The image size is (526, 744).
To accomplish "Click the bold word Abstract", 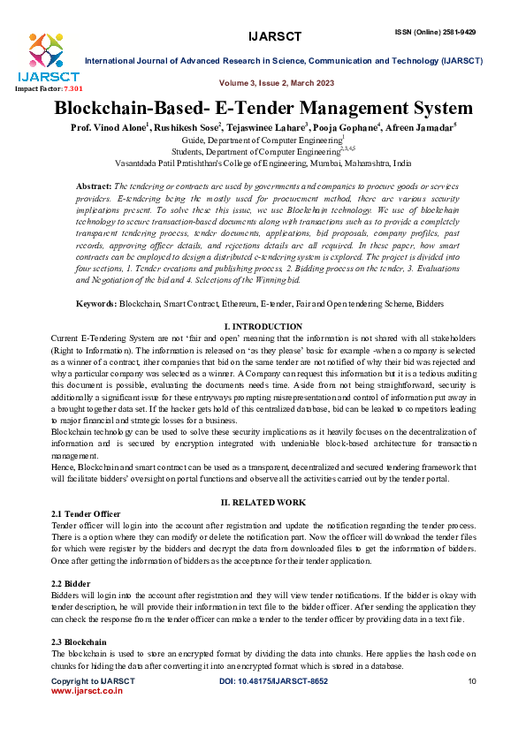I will [x=94, y=187].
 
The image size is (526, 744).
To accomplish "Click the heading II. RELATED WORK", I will [x=263, y=502].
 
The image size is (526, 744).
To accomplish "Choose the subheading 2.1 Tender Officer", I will [x=86, y=513].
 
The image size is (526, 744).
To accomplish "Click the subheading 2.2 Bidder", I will [x=71, y=583].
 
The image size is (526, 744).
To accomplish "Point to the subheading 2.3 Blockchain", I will [x=79, y=642].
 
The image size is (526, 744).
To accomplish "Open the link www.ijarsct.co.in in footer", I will [x=87, y=691].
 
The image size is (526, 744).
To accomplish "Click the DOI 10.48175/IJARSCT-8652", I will [x=273, y=681].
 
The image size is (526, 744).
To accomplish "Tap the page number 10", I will [x=472, y=681].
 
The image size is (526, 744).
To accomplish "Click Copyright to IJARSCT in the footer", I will [x=93, y=681].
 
